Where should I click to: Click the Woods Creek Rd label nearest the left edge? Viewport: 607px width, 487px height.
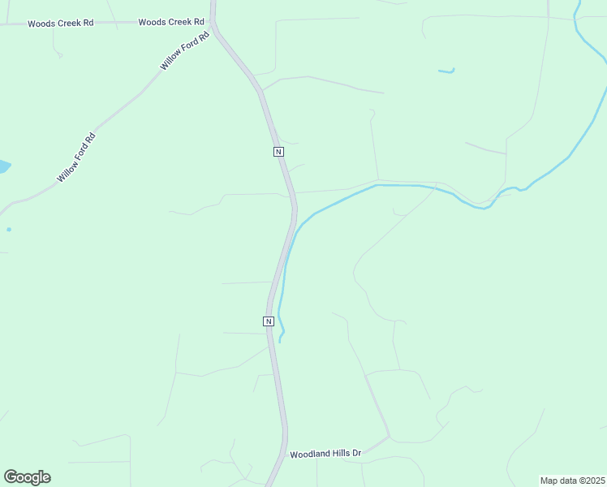60,24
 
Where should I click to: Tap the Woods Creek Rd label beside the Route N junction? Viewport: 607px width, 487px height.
170,22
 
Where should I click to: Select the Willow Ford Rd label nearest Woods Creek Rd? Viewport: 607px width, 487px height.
186,50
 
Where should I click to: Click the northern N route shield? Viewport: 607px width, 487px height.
278,152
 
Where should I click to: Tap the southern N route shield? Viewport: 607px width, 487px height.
268,321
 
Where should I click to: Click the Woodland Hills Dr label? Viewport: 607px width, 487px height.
325,453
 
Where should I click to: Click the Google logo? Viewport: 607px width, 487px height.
27,477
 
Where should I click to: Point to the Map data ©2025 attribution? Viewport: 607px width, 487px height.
572,481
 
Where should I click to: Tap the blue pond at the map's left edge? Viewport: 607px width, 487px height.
3,167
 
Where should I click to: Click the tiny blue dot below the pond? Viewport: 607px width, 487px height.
9,229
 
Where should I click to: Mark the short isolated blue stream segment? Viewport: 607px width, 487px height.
446,71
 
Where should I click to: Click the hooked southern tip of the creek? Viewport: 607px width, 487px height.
281,337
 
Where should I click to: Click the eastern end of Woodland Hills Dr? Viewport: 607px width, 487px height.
390,437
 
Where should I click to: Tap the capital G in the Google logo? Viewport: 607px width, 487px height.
11,477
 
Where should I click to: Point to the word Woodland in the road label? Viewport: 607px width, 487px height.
309,453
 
